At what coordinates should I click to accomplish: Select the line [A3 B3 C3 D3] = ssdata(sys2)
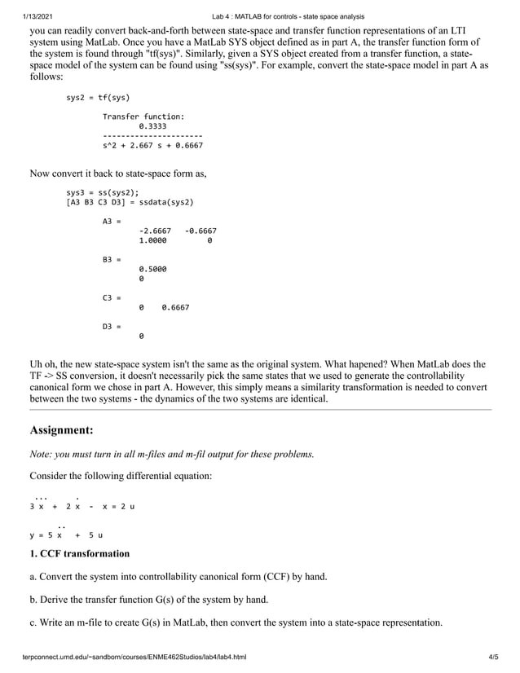(130, 202)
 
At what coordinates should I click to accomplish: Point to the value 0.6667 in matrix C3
(175, 307)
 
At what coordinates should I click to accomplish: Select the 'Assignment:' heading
(62, 429)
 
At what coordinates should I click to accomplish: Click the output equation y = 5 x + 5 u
(64, 535)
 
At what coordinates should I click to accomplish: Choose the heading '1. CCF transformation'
(80, 554)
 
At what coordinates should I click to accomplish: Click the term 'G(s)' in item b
(171, 600)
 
